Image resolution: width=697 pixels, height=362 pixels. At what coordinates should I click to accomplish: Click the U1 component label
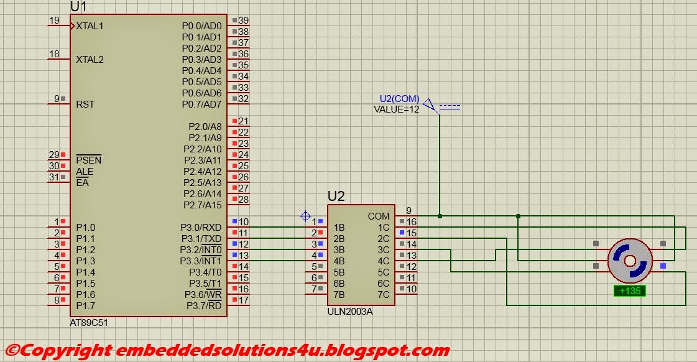click(x=78, y=7)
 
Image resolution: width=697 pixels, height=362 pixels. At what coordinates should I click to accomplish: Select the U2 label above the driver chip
click(x=336, y=197)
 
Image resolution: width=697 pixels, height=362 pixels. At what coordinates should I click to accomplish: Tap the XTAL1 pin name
click(x=90, y=26)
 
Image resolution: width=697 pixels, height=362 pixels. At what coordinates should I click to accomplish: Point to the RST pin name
click(x=85, y=104)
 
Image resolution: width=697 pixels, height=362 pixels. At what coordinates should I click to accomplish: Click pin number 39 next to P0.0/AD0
click(x=243, y=21)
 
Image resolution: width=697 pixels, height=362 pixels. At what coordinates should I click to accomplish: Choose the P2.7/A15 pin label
click(x=202, y=205)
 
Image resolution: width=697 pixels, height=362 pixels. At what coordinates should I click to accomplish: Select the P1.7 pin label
click(x=85, y=306)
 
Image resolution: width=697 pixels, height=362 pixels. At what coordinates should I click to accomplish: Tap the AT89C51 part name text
click(x=90, y=323)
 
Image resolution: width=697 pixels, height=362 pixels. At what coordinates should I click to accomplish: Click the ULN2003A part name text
click(x=350, y=311)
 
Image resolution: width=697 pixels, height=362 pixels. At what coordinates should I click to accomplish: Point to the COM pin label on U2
click(x=379, y=216)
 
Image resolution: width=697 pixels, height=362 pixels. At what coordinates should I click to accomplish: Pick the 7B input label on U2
click(x=339, y=295)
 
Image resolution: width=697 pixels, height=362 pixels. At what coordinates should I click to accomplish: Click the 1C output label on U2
click(x=383, y=228)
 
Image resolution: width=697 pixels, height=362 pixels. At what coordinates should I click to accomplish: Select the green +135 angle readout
click(x=630, y=290)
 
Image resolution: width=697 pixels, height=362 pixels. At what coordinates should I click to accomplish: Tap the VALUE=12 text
click(x=396, y=109)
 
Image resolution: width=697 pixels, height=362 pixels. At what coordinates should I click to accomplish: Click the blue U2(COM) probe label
click(x=399, y=100)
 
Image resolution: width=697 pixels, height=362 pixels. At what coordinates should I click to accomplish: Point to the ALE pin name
click(x=85, y=172)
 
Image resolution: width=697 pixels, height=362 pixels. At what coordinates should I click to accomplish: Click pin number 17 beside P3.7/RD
click(x=243, y=300)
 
